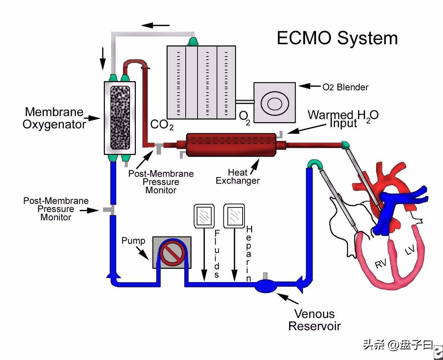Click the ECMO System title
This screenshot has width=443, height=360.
(x=337, y=38)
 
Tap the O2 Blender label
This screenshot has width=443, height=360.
(x=345, y=87)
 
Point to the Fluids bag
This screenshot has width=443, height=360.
(x=204, y=216)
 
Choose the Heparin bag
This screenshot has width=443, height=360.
(x=234, y=216)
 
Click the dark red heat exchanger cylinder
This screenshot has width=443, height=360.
(x=231, y=145)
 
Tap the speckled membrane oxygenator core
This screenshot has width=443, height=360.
(x=120, y=117)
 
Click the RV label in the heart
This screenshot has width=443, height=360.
(x=380, y=264)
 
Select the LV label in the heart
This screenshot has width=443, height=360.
(x=410, y=250)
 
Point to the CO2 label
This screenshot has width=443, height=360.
(x=162, y=125)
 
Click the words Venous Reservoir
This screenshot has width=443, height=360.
(x=314, y=320)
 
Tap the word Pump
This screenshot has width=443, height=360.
(x=133, y=241)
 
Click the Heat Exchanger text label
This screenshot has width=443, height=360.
(x=237, y=177)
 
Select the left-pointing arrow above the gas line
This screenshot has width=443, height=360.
(x=155, y=25)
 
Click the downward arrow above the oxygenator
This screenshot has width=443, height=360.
(x=103, y=59)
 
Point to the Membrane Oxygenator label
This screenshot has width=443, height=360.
(x=54, y=118)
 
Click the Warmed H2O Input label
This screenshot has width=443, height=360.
(x=343, y=119)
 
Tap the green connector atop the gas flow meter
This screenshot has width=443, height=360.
(x=193, y=42)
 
